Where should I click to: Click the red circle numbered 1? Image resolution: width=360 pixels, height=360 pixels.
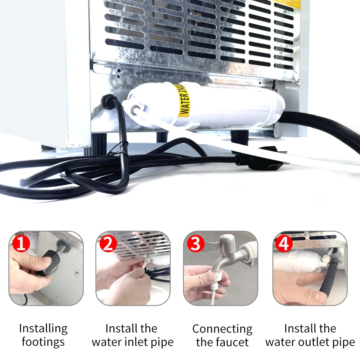point(21,244)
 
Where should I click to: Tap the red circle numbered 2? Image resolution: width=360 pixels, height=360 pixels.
point(108,244)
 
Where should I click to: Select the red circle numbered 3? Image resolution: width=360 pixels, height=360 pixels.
point(196,244)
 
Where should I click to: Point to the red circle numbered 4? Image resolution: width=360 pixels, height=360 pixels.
point(284,244)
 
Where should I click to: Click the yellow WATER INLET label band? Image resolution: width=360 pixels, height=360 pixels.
point(184,100)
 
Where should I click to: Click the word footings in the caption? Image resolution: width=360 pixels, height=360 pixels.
point(43,342)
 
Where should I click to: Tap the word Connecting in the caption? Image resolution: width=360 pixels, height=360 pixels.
point(222,329)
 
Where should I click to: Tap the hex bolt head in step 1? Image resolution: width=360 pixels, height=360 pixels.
point(77,274)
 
